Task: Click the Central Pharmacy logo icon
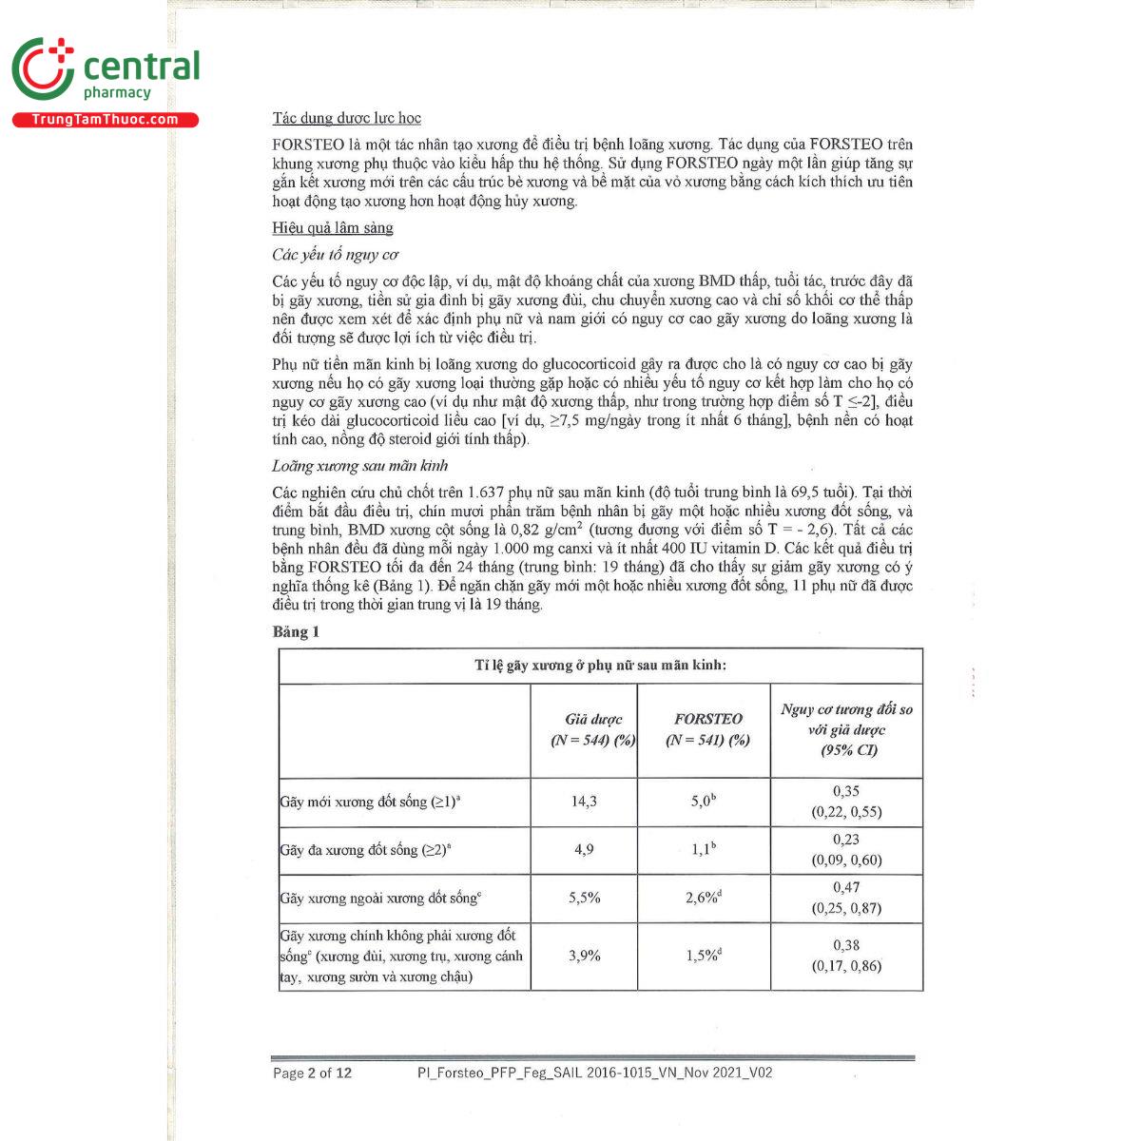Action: point(42,68)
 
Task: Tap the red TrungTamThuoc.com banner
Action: point(105,120)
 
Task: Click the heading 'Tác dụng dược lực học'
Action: point(346,118)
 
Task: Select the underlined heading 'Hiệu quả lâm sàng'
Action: point(332,228)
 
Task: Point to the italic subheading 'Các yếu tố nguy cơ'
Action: point(335,255)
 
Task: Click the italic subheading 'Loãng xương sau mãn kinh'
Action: point(359,466)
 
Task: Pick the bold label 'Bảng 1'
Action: point(296,632)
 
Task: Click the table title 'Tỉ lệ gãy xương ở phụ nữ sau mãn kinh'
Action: point(600,666)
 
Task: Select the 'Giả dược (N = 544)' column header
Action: point(593,729)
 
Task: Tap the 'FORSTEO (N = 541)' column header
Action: point(707,729)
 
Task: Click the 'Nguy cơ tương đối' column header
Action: point(846,729)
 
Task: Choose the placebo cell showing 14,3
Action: point(584,802)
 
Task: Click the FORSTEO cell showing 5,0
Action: point(703,802)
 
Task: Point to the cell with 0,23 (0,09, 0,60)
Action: point(846,850)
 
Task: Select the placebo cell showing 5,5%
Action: point(584,898)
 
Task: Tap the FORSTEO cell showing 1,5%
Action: point(703,956)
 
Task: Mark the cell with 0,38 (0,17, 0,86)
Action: point(846,956)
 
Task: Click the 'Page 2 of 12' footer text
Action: point(312,1073)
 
